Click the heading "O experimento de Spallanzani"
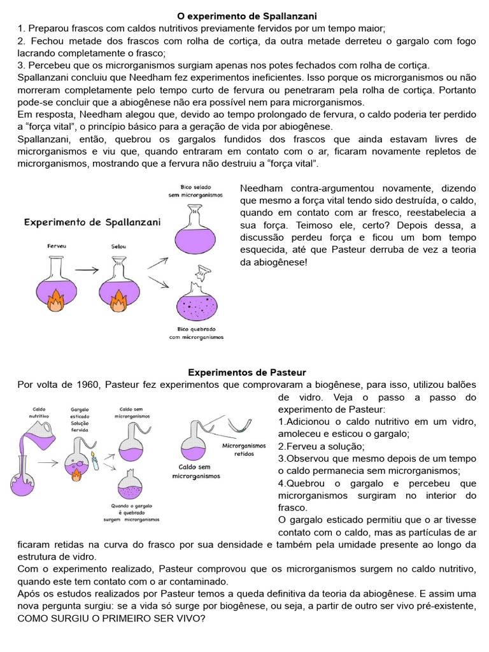coord(246,15)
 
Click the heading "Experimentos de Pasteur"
coord(247,372)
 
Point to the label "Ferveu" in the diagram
coord(57,245)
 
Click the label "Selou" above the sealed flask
coord(117,245)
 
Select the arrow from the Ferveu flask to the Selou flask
coord(87,270)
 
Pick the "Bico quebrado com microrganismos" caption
coord(196,333)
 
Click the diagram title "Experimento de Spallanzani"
coord(92,222)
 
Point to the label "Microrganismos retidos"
coord(244,450)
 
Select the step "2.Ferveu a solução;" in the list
coord(321,446)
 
